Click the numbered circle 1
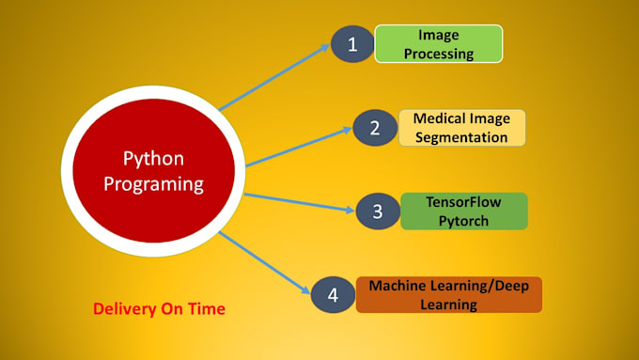351,44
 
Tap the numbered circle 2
374,128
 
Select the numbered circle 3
378,211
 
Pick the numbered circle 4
332,294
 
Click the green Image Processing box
439,43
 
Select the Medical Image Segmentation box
462,128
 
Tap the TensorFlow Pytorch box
463,211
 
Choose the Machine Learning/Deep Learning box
449,294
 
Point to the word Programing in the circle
153,183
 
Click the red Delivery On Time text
159,307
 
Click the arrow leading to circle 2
298,146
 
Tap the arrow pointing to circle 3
301,201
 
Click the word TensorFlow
464,201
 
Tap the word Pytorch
464,220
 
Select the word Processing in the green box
439,54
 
